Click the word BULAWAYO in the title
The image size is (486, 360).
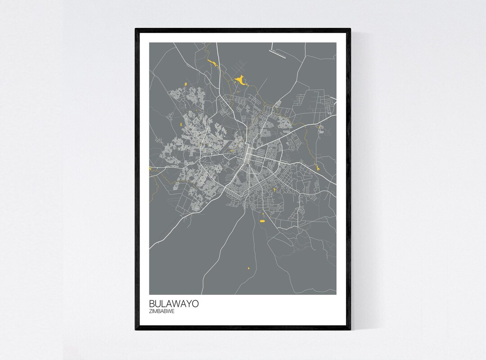pyautogui.click(x=173, y=304)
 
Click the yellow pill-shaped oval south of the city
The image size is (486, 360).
pyautogui.click(x=263, y=220)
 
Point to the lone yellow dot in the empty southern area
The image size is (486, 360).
pyautogui.click(x=248, y=269)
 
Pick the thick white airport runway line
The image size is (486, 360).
pyautogui.click(x=280, y=54)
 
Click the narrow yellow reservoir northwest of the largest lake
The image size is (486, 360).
pyautogui.click(x=210, y=63)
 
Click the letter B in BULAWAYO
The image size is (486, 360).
pyautogui.click(x=152, y=304)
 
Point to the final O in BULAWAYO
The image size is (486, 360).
pyautogui.click(x=194, y=304)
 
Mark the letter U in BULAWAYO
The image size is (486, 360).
pyautogui.click(x=158, y=304)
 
